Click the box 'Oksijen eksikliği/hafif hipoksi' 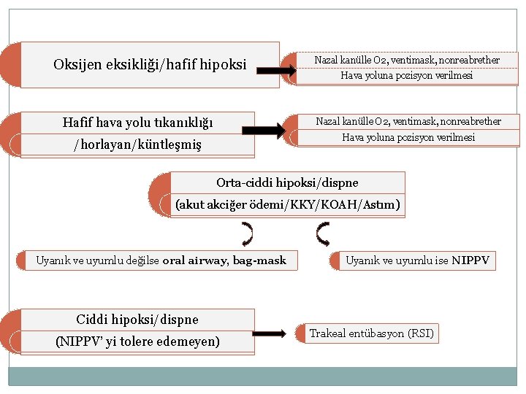click(x=150, y=65)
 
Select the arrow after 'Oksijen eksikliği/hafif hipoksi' click(x=277, y=71)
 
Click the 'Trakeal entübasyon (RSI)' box click(x=371, y=334)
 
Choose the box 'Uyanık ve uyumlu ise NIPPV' click(x=417, y=260)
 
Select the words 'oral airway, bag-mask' click(x=224, y=260)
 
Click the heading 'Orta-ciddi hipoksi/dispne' click(x=287, y=182)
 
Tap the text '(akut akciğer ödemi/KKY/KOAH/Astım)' click(x=287, y=206)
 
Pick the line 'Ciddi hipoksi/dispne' click(x=137, y=320)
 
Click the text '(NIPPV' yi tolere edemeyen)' click(x=137, y=341)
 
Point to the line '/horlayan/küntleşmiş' click(x=137, y=144)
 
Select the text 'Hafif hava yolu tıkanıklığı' click(x=137, y=122)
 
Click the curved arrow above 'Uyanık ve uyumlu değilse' click(x=248, y=234)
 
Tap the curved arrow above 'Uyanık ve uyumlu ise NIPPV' click(x=323, y=233)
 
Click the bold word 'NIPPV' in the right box click(x=470, y=260)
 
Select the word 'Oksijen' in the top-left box click(x=77, y=65)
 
